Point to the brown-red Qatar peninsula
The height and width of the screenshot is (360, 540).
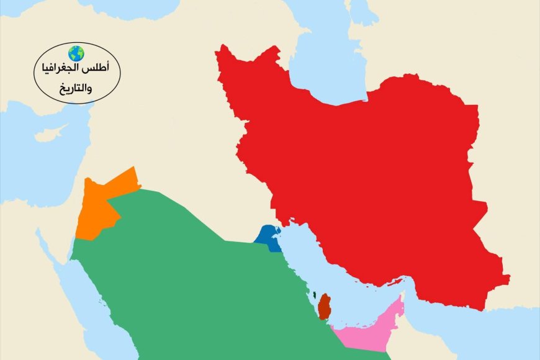[x=324, y=307]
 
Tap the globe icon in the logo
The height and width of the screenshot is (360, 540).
[x=76, y=53]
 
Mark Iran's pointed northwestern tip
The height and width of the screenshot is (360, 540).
[x=218, y=48]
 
